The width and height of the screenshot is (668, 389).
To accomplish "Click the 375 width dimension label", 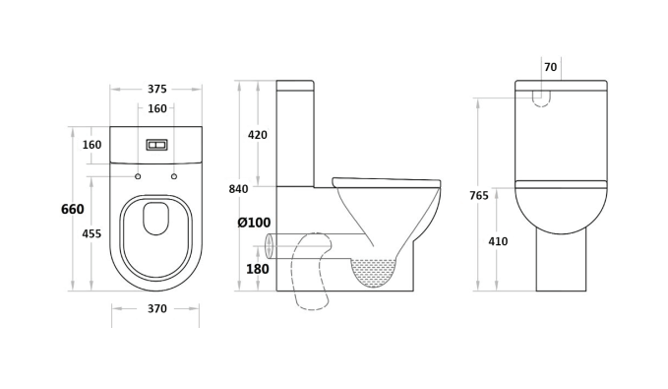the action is click(x=156, y=90).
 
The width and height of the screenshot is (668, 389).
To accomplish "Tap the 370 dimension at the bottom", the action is click(x=156, y=308).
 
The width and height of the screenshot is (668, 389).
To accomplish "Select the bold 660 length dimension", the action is click(x=73, y=209).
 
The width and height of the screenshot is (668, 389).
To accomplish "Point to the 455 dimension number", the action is click(x=91, y=233).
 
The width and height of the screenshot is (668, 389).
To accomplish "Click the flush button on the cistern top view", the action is click(x=156, y=145).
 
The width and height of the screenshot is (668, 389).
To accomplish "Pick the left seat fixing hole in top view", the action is click(x=138, y=176).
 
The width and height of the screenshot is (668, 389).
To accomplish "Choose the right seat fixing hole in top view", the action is click(x=174, y=176).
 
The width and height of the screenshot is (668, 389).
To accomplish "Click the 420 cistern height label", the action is click(x=258, y=135).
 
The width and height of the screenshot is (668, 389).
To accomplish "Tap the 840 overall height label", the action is click(x=238, y=189).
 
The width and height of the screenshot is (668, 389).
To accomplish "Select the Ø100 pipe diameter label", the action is click(x=254, y=223).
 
